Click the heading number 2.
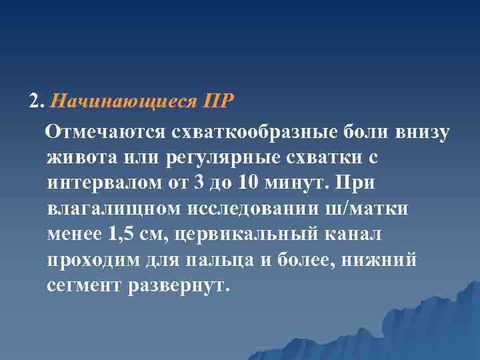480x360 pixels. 36,102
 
